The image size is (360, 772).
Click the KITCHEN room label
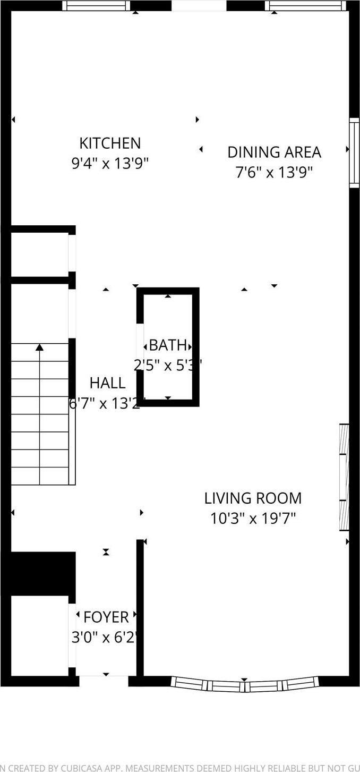coord(110,143)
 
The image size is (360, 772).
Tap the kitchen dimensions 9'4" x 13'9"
coord(110,163)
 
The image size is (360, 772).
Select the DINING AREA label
coord(274,152)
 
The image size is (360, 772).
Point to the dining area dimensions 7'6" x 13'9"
coord(274,172)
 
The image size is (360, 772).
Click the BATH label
coord(168,345)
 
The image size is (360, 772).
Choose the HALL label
coord(107,383)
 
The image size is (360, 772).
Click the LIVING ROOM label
coord(253,498)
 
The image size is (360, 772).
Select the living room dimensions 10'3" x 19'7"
coord(253,518)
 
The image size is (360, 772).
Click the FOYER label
coord(106,617)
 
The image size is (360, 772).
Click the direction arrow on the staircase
coord(40,347)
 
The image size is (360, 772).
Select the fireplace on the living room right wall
coord(344,477)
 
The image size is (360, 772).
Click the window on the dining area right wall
coord(354,152)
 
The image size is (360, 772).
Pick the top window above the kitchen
coord(96,6)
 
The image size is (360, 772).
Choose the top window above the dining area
coord(305,6)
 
